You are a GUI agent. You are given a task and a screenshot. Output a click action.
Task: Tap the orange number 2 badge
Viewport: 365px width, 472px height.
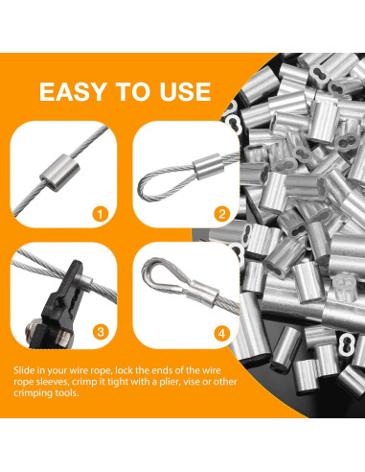point(221,213)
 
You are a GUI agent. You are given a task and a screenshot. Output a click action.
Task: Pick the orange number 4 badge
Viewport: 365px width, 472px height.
point(221,332)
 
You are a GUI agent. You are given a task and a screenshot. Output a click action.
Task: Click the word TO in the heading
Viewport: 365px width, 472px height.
point(132,91)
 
